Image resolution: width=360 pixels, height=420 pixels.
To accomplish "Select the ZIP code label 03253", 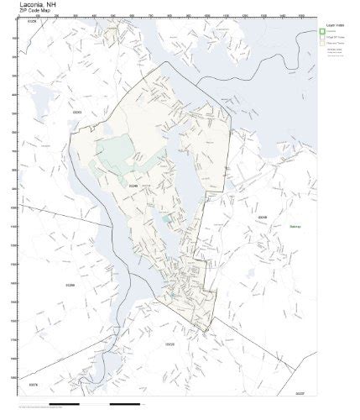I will (76, 112).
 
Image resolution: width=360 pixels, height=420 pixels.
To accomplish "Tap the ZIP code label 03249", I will (263, 217).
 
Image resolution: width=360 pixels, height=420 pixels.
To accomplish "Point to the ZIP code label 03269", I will (70, 285).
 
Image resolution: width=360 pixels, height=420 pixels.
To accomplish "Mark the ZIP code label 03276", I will (34, 384).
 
